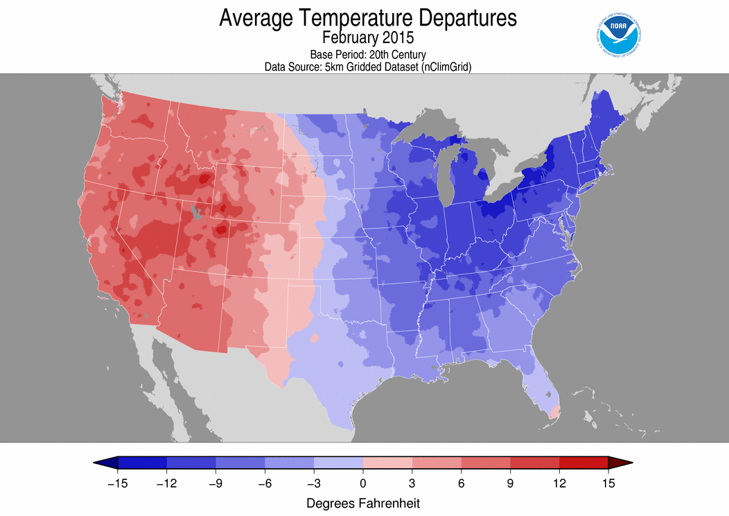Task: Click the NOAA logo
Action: (x=618, y=33)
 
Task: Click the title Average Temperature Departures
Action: (x=368, y=19)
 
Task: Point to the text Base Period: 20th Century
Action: (x=367, y=54)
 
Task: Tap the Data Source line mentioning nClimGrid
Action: (x=368, y=67)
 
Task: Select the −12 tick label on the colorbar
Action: (x=167, y=483)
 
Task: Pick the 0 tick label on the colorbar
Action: (x=363, y=483)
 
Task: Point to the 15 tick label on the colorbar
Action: (x=608, y=483)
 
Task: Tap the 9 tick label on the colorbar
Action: (x=511, y=483)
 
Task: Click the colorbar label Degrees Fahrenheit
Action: (x=363, y=502)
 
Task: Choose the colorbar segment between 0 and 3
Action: (x=387, y=463)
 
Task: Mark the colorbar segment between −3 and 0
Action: (x=339, y=463)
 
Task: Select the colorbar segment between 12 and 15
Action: (x=584, y=463)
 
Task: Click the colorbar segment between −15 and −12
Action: (x=143, y=463)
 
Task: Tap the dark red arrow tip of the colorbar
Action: (x=621, y=463)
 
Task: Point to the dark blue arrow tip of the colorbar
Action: (x=106, y=463)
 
